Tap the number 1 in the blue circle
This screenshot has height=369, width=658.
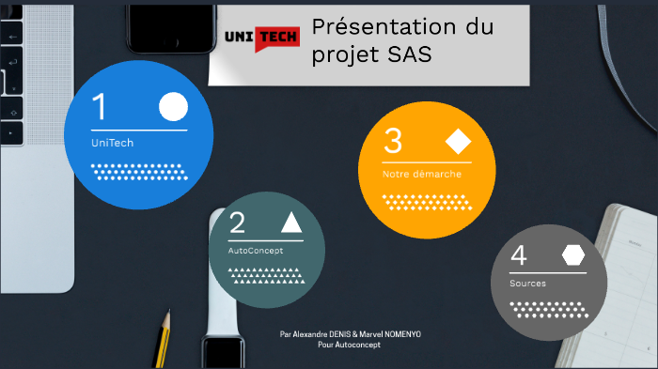[99, 108]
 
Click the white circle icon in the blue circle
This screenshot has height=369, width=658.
[173, 107]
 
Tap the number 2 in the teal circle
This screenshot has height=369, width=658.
[238, 223]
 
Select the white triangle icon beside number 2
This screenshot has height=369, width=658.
[290, 223]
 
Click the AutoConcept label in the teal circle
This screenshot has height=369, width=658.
[255, 251]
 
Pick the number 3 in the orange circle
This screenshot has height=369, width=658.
[393, 141]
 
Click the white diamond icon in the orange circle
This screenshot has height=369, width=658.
[458, 142]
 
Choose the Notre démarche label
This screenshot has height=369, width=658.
[421, 174]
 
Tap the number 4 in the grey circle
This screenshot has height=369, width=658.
[518, 255]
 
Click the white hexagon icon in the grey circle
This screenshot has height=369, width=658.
[572, 255]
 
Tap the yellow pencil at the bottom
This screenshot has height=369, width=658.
[164, 338]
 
